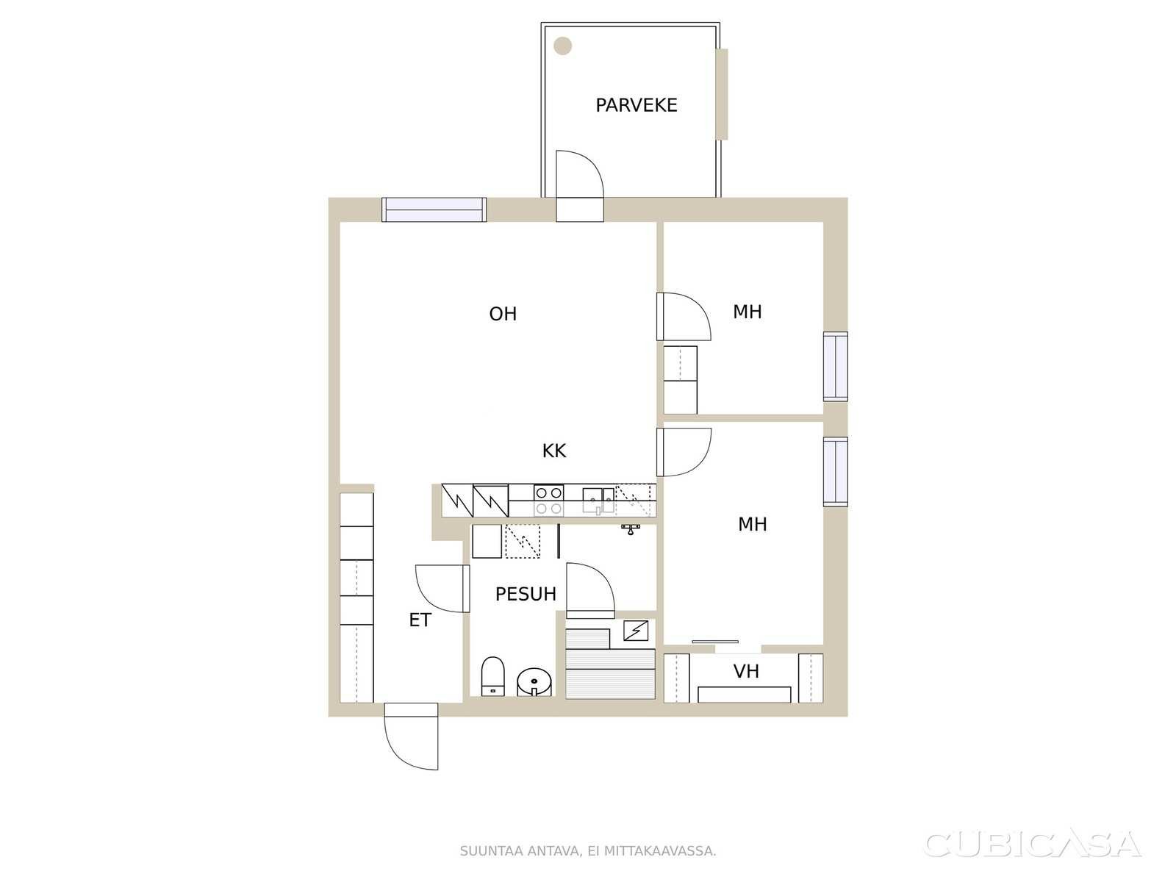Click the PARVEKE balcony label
pyautogui.click(x=636, y=105)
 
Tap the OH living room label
pyautogui.click(x=503, y=314)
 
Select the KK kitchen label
pyautogui.click(x=554, y=451)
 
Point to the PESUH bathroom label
pyautogui.click(x=526, y=594)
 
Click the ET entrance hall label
pyautogui.click(x=420, y=620)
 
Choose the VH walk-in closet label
pyautogui.click(x=746, y=671)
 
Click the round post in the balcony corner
pyautogui.click(x=562, y=46)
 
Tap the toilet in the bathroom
pyautogui.click(x=493, y=676)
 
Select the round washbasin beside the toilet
pyautogui.click(x=534, y=682)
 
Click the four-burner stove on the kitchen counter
pyautogui.click(x=548, y=501)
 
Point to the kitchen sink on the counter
pyautogui.click(x=598, y=501)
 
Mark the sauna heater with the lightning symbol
pyautogui.click(x=636, y=631)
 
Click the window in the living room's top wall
pyautogui.click(x=434, y=209)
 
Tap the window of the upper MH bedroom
pyautogui.click(x=835, y=366)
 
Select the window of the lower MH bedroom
pyautogui.click(x=835, y=471)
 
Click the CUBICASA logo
pyautogui.click(x=1033, y=845)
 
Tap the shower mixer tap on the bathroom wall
pyautogui.click(x=631, y=529)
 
